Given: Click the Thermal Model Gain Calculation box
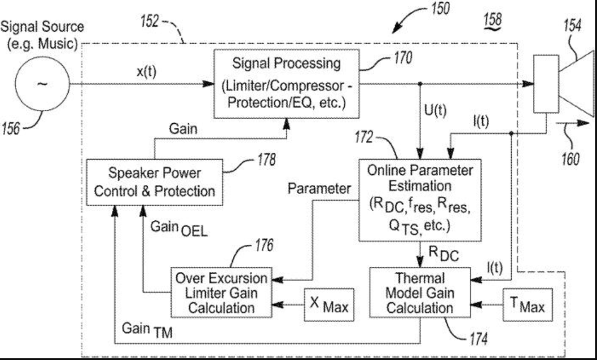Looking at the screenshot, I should [419, 293].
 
